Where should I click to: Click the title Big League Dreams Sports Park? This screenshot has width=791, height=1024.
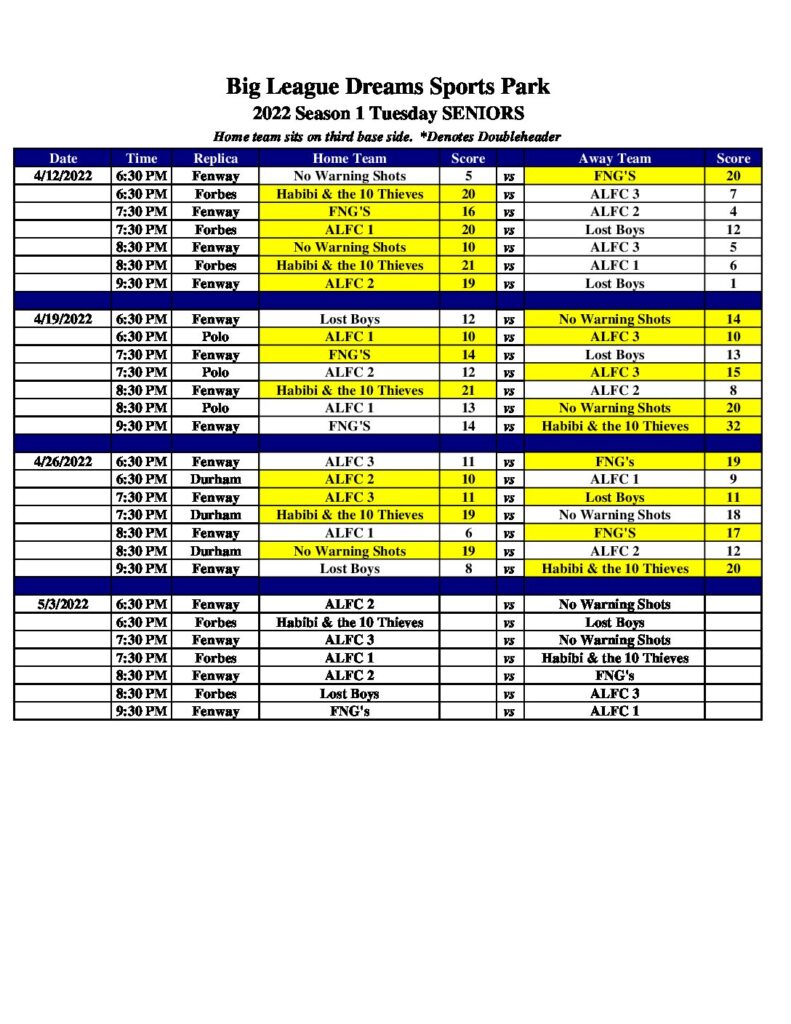[x=388, y=87]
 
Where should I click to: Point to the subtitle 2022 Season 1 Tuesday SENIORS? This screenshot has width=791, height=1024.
[x=388, y=113]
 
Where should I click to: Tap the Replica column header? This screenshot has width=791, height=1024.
[x=215, y=158]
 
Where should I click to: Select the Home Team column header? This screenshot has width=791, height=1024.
[x=349, y=158]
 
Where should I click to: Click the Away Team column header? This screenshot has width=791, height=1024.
[x=614, y=158]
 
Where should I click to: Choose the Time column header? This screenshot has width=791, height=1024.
[x=141, y=158]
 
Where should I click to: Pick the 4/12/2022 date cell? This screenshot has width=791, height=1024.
[x=63, y=176]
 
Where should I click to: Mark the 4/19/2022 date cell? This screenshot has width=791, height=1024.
[x=63, y=319]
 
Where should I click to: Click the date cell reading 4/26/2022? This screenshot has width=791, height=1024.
[x=63, y=462]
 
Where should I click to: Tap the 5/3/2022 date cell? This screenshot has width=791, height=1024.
[x=63, y=604]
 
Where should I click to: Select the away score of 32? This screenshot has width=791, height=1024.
[x=733, y=426]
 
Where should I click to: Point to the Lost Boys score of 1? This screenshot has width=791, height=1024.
[x=733, y=283]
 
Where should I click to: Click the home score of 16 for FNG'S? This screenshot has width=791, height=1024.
[x=468, y=212]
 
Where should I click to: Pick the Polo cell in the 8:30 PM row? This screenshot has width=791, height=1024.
[x=215, y=408]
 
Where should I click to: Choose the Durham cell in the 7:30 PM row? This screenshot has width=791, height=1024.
[x=215, y=515]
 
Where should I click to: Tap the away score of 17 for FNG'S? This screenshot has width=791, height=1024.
[x=733, y=533]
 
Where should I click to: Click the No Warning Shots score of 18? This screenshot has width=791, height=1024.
[x=733, y=515]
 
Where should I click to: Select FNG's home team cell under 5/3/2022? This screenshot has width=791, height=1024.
[x=349, y=711]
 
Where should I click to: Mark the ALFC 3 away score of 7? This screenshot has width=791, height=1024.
[x=733, y=194]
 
